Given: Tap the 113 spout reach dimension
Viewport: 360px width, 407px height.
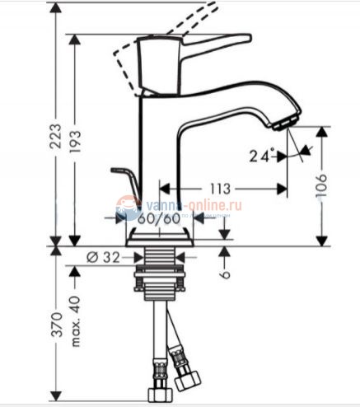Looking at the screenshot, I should [218, 189].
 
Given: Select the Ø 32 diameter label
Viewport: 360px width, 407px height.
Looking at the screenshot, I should [102, 257].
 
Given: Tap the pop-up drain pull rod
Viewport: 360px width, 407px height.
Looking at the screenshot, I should [124, 180].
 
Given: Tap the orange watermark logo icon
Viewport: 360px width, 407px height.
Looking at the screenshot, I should [129, 208].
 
